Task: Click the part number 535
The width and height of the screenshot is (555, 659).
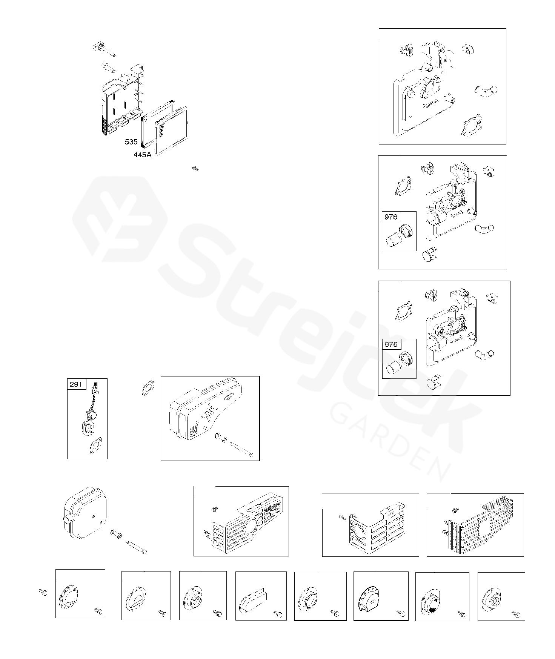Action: coord(131,142)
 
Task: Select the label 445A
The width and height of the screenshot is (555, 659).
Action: coord(143,155)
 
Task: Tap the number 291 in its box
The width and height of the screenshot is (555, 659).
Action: coord(77,384)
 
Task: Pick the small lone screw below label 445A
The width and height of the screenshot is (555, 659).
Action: coord(195,168)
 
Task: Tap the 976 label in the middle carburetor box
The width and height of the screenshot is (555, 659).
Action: coord(391,217)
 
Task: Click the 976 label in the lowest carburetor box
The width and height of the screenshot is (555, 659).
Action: coord(391,344)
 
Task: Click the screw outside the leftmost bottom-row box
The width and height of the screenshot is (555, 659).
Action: coord(43,593)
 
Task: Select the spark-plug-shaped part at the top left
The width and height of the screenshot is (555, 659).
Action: coord(103,49)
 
